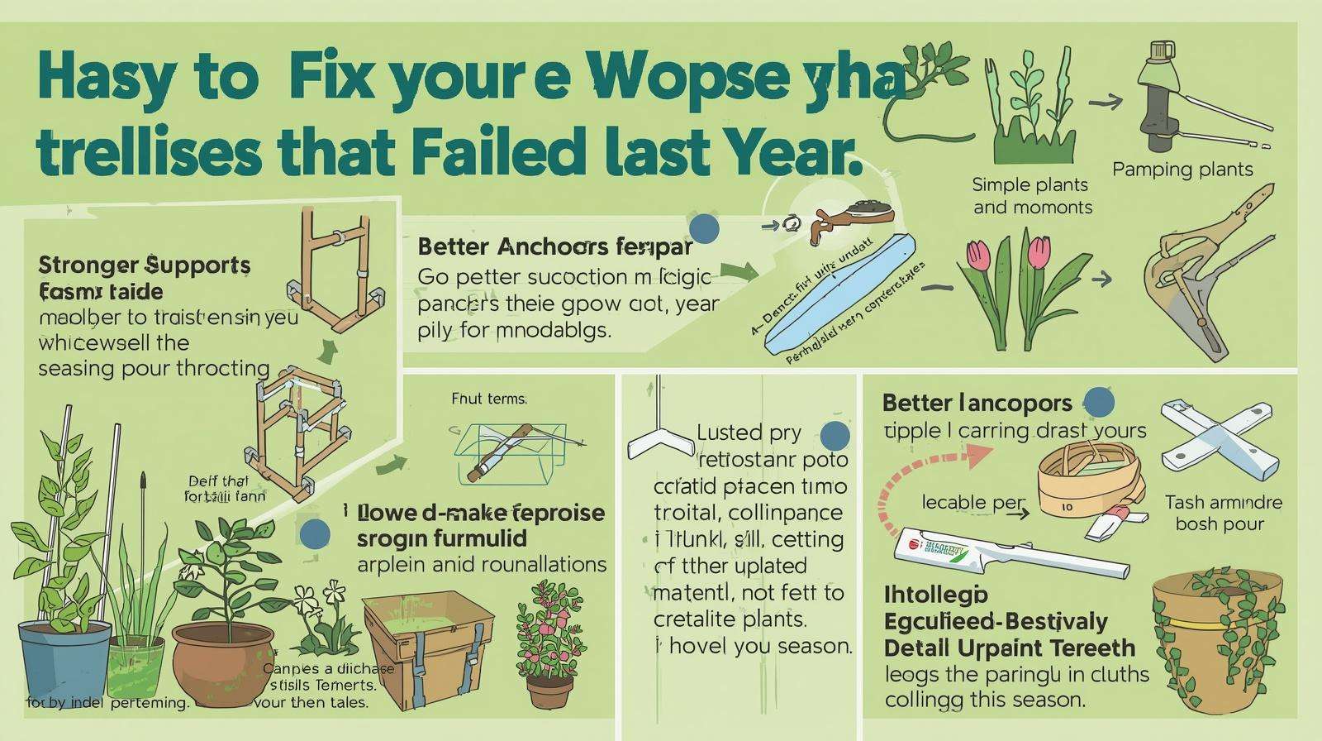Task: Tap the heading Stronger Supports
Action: pyautogui.click(x=145, y=265)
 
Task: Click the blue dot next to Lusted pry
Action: pyautogui.click(x=835, y=435)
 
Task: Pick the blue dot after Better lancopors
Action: pyautogui.click(x=1097, y=402)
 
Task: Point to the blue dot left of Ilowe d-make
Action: pyautogui.click(x=314, y=534)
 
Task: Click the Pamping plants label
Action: pyautogui.click(x=1182, y=170)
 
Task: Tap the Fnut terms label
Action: pyautogui.click(x=488, y=399)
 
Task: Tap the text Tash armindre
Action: pyautogui.click(x=1223, y=502)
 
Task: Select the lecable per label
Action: pyautogui.click(x=972, y=503)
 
